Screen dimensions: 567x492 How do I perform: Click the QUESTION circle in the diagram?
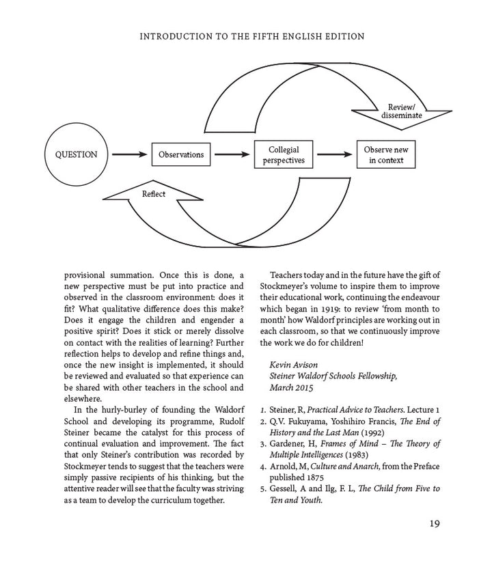76,154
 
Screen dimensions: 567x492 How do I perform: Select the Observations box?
181,154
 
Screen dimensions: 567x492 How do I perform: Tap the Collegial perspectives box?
284,155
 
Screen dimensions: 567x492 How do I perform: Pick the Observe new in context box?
386,155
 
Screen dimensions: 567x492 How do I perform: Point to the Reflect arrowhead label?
153,194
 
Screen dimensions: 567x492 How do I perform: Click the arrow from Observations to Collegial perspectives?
232,154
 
